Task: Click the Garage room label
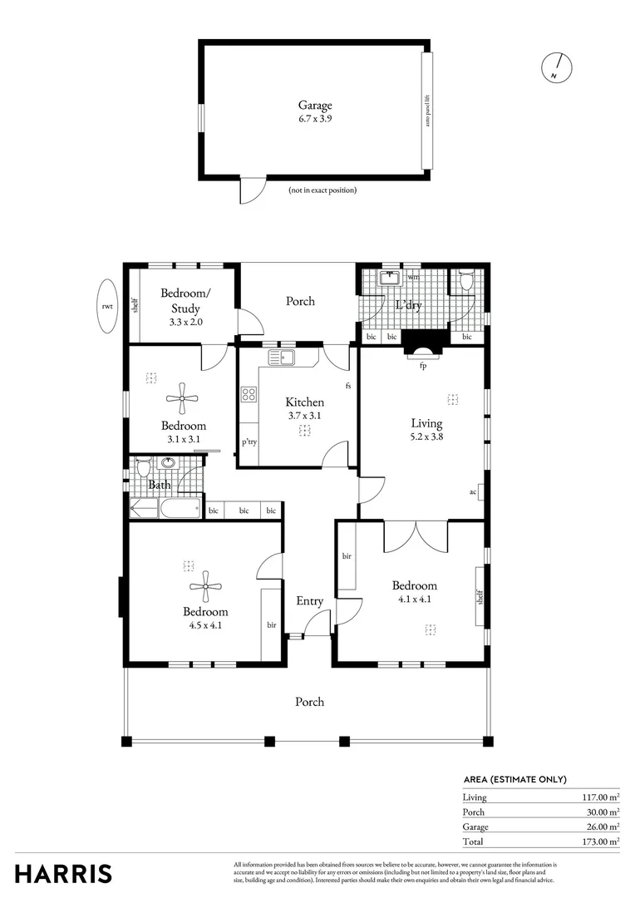315,106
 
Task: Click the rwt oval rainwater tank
107,305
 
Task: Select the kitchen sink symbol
282,358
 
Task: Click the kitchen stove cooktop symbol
248,394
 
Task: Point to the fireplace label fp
422,367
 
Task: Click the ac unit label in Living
473,492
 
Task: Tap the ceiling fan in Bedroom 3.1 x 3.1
181,398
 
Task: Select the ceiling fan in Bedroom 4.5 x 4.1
205,586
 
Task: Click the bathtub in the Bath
180,508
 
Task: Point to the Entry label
310,601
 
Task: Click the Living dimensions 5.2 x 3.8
426,437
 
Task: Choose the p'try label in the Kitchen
249,442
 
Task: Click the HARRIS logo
63,873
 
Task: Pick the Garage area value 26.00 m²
602,826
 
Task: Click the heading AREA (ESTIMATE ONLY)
514,779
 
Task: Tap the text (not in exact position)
322,190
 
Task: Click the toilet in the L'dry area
465,282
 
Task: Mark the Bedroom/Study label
185,300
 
